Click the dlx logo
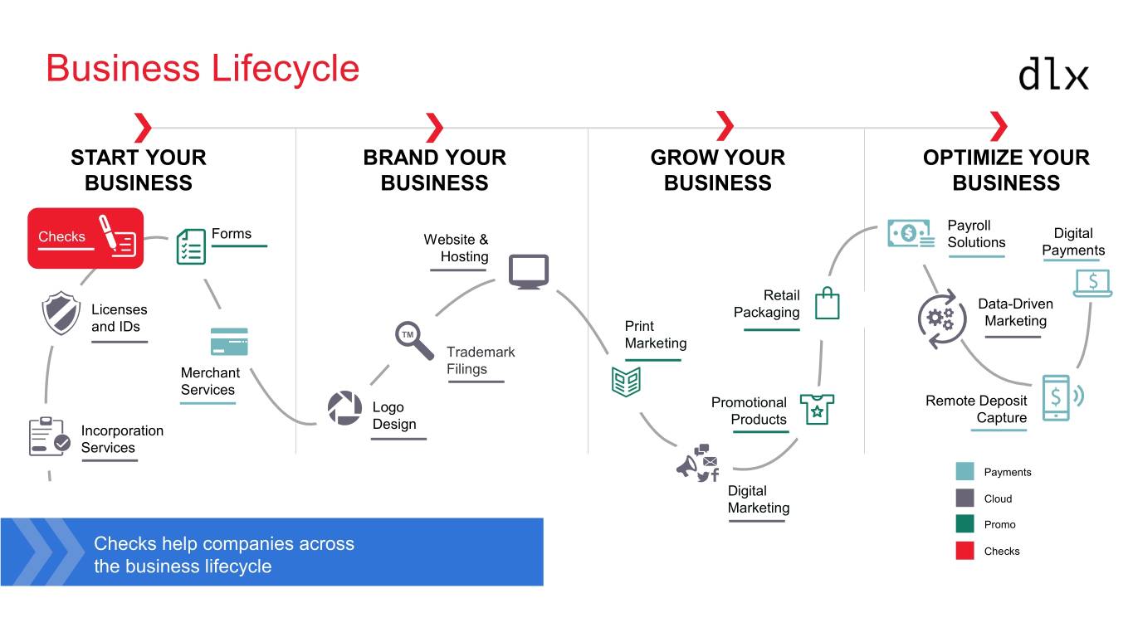click(x=1053, y=73)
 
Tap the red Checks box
click(x=85, y=238)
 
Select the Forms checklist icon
click(x=191, y=246)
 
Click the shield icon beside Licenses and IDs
click(x=61, y=313)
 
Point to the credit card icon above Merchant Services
click(x=229, y=342)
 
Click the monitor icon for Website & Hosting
click(x=529, y=271)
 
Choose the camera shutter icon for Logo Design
click(x=344, y=408)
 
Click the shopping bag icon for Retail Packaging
click(x=827, y=304)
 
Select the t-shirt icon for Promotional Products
click(x=817, y=409)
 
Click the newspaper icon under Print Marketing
click(x=626, y=380)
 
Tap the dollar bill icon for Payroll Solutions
click(x=911, y=234)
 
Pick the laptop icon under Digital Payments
click(x=1092, y=283)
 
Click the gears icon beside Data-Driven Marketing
click(x=942, y=318)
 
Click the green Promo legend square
click(x=965, y=524)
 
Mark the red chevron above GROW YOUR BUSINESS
click(x=725, y=127)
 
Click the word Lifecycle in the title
click(x=286, y=68)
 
